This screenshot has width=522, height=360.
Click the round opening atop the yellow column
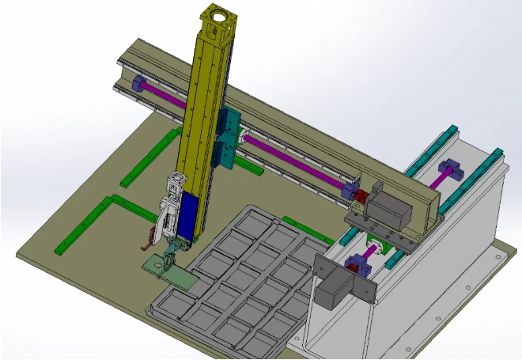219,16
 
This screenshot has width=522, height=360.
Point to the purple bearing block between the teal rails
451,169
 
